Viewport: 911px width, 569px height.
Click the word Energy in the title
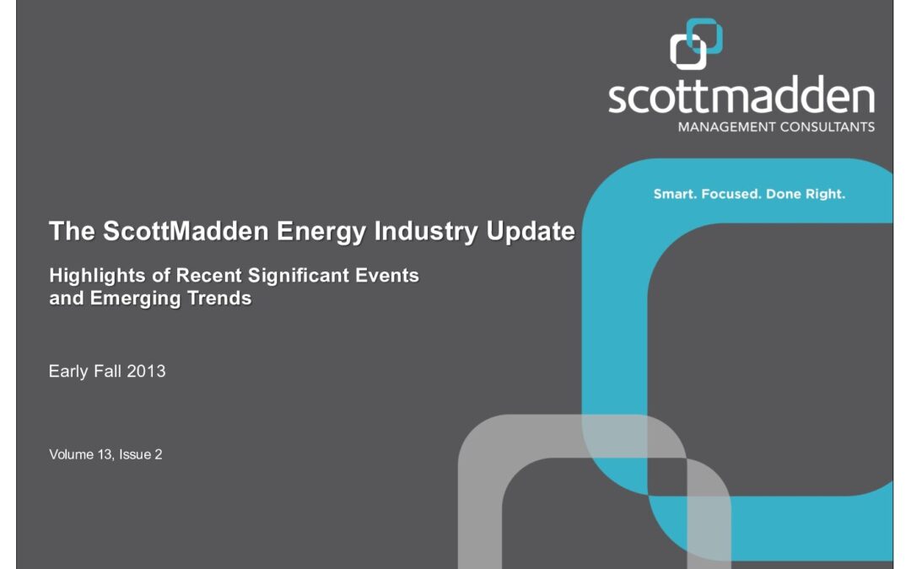click(321, 232)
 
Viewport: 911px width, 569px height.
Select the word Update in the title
click(531, 232)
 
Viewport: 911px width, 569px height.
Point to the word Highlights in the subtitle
click(97, 276)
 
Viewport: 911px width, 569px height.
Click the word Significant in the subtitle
click(299, 276)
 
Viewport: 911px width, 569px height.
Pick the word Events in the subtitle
click(387, 275)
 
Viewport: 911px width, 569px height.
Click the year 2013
click(147, 371)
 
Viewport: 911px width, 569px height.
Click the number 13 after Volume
click(105, 454)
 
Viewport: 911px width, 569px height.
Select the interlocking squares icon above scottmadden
click(696, 44)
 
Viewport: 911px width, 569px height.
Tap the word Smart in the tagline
click(675, 194)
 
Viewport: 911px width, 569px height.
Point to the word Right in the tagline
click(826, 195)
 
